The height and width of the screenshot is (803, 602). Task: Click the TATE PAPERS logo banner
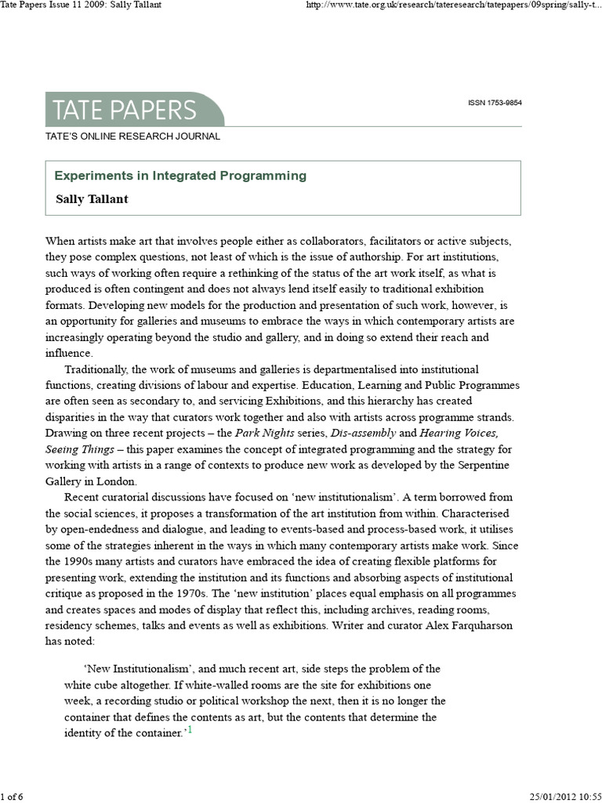click(133, 110)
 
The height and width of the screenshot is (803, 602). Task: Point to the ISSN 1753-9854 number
click(495, 104)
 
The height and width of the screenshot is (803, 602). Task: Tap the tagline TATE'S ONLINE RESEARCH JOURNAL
click(133, 136)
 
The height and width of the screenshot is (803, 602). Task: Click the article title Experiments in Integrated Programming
click(180, 176)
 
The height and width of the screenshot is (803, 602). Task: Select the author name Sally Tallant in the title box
click(92, 198)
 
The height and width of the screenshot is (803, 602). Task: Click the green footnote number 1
click(189, 732)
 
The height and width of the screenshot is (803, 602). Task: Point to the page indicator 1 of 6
click(13, 797)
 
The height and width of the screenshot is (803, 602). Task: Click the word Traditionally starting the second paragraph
click(99, 369)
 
